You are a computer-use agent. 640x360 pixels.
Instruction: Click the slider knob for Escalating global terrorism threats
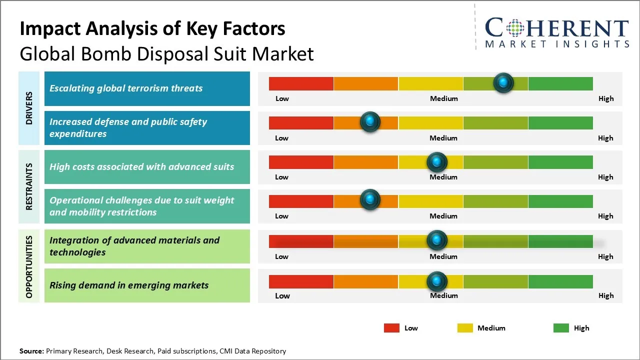(503, 82)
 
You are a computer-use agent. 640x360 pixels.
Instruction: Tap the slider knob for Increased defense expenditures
(370, 121)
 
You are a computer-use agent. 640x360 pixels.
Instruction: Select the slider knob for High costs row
(437, 161)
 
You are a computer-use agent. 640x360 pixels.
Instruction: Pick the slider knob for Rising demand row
(437, 281)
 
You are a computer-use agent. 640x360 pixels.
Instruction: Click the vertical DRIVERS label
(29, 108)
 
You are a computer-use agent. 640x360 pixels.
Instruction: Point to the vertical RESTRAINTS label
(29, 186)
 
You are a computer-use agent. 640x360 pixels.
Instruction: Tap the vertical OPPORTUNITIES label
(29, 266)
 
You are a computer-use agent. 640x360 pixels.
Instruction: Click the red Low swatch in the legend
(391, 328)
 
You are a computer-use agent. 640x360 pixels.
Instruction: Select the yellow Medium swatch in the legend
(465, 328)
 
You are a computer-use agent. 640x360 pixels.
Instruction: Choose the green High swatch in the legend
(561, 328)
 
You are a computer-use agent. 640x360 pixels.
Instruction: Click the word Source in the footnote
(31, 351)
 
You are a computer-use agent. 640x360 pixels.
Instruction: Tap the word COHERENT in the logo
(557, 28)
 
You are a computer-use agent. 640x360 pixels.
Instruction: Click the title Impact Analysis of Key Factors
(152, 29)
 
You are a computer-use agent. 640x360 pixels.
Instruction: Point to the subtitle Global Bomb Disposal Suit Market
(166, 54)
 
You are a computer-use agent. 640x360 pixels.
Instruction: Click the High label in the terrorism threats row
(605, 98)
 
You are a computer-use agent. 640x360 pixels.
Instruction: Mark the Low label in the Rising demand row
(282, 295)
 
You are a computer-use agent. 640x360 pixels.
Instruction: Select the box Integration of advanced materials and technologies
(147, 246)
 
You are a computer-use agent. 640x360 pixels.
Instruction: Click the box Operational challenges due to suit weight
(147, 206)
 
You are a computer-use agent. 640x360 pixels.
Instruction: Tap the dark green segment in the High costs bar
(560, 162)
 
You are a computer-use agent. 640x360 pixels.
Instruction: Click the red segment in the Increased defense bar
(301, 122)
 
